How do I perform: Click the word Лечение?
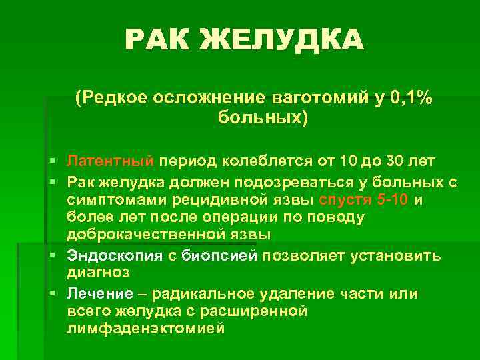tap(99, 293)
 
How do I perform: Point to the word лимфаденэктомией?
tap(146, 329)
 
